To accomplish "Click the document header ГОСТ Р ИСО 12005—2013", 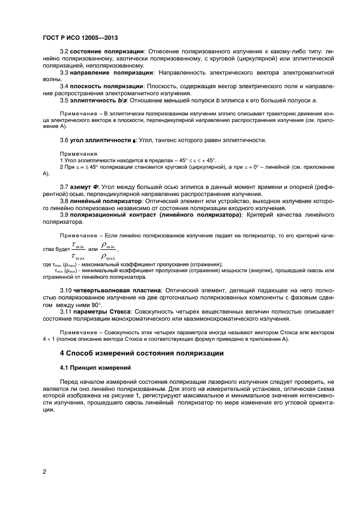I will [x=80, y=39].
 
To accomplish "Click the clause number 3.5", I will [x=65, y=100].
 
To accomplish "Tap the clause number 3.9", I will [x=65, y=215].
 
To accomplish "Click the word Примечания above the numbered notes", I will [x=78, y=154].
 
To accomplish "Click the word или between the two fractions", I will [x=92, y=250].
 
